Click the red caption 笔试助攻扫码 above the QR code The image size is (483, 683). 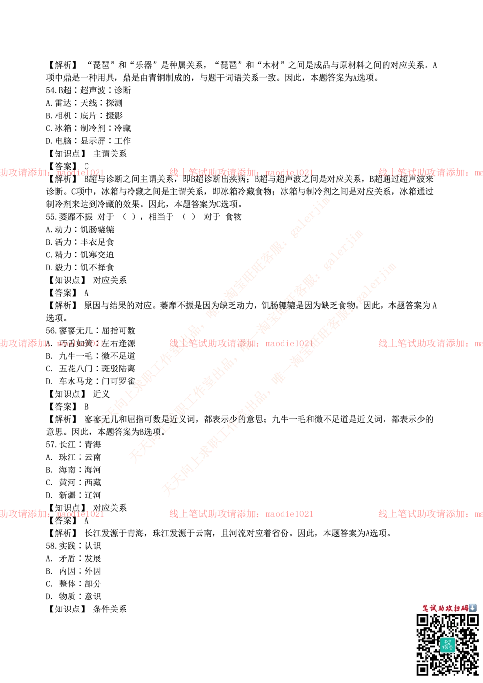point(444,608)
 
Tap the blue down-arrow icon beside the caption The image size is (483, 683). point(472,608)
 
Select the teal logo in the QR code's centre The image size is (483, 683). point(447,645)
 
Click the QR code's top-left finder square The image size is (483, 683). point(423,620)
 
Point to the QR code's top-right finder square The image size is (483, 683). point(471,620)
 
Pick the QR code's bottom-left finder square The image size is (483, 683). point(423,669)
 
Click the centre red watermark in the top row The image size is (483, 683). point(241,172)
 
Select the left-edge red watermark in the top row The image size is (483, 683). point(51,172)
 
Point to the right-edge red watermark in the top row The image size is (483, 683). point(430,172)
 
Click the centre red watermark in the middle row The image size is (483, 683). point(241,343)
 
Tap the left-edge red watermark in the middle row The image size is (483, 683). point(51,343)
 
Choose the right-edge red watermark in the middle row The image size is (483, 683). point(430,343)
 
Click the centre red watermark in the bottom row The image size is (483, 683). point(241,514)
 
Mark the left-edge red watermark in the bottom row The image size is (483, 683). point(51,514)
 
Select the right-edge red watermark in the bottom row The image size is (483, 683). point(430,514)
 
